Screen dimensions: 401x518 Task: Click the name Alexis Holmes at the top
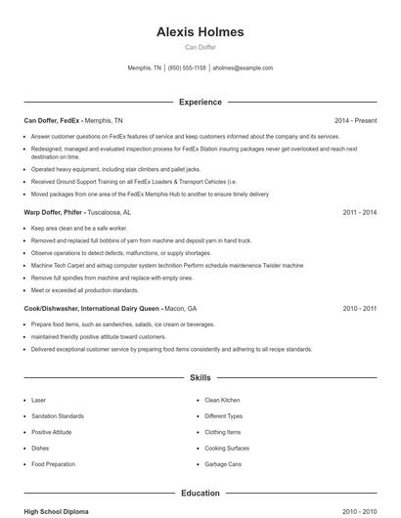click(x=200, y=32)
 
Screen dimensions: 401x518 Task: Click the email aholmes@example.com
click(x=243, y=68)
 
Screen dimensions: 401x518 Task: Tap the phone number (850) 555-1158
click(x=187, y=68)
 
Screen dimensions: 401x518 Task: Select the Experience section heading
click(x=200, y=102)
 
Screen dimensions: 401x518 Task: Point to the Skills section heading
click(x=200, y=376)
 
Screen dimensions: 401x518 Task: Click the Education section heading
click(x=200, y=494)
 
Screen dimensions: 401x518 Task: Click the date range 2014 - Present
click(x=355, y=120)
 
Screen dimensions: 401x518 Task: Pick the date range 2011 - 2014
click(x=360, y=211)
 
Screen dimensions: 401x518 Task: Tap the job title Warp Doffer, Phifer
click(x=53, y=211)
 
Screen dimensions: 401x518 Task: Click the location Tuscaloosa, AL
click(x=109, y=211)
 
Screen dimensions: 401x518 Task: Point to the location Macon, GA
click(x=180, y=307)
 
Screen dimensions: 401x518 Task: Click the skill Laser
click(x=38, y=400)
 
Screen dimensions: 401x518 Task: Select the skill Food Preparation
click(x=53, y=464)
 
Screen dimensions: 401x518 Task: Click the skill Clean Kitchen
click(x=222, y=400)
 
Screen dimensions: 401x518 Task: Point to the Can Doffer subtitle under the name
click(x=200, y=47)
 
